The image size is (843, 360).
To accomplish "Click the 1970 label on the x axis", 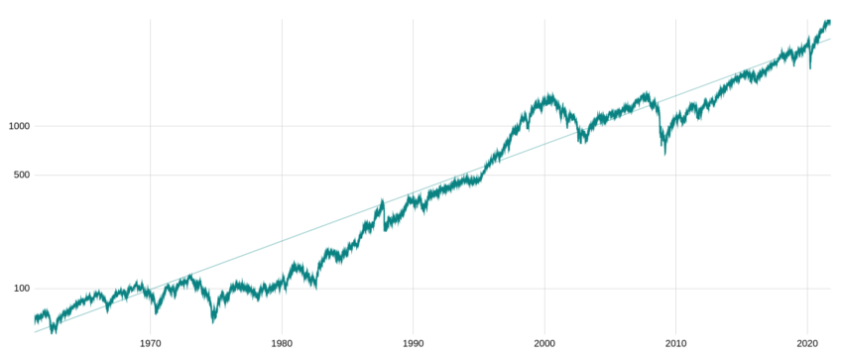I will [151, 343].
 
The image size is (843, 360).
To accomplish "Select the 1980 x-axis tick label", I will [282, 343].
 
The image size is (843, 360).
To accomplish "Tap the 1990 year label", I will [414, 343].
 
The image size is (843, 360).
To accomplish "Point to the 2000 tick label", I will [544, 343].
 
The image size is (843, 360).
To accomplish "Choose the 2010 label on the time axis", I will [676, 343].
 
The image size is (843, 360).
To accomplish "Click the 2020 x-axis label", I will [807, 343].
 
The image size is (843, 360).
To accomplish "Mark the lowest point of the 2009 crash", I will [664, 154].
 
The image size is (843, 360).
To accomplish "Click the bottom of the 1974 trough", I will [213, 321].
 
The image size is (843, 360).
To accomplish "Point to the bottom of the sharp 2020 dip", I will [810, 67].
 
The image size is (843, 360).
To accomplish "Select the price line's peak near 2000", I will [548, 94].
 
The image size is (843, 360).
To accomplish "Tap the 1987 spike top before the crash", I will [383, 201].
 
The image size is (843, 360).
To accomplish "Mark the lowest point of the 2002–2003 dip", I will [579, 142].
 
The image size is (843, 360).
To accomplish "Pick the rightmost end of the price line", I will [830, 20].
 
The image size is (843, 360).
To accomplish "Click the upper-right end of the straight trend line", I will [830, 38].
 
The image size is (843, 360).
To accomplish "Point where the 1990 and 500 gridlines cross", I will [414, 176].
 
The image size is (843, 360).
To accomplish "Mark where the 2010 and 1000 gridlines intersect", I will [676, 126].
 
